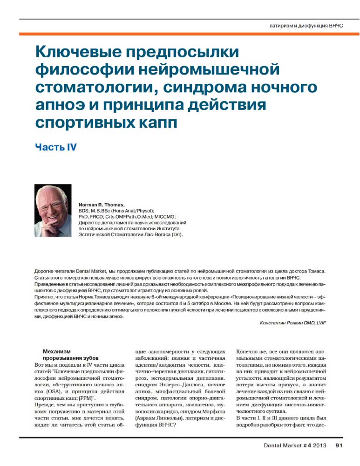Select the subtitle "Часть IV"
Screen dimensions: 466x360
pyautogui.click(x=55, y=147)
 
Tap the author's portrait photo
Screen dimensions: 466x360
pyautogui.click(x=53, y=210)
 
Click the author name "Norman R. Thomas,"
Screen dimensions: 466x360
pyautogui.click(x=102, y=205)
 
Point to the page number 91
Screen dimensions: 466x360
pyautogui.click(x=339, y=445)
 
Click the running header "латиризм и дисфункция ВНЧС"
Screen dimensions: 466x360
pyautogui.click(x=306, y=25)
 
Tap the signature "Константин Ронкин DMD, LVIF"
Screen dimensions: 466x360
pyautogui.click(x=293, y=322)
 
